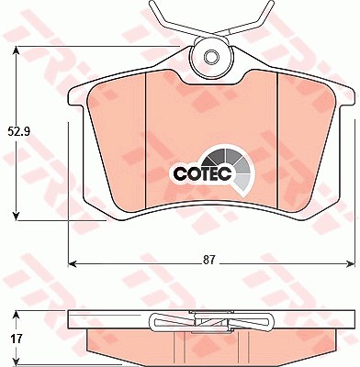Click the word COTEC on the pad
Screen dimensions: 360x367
pyautogui.click(x=202, y=174)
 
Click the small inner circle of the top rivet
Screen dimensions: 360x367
pyautogui.click(x=212, y=57)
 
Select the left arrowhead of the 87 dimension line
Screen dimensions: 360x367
pyautogui.click(x=72, y=263)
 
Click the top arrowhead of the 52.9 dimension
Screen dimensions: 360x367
pyautogui.click(x=17, y=51)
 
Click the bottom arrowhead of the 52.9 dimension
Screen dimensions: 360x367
pyautogui.click(x=17, y=216)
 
